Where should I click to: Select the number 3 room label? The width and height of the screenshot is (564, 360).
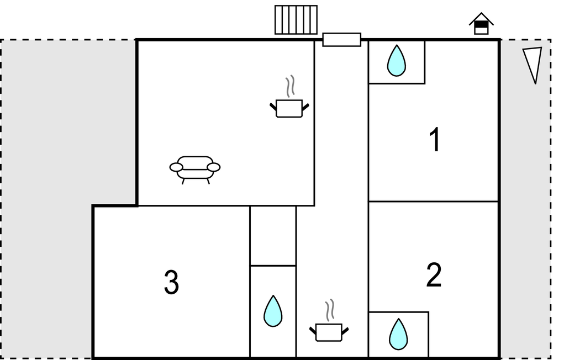[171, 283]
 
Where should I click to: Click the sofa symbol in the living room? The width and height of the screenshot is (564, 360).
[195, 168]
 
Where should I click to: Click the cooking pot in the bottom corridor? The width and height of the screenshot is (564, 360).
[329, 332]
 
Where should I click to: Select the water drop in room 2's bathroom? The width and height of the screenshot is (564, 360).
[398, 334]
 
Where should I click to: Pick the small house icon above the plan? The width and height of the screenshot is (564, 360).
[481, 24]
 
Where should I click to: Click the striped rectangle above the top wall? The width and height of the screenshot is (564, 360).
[296, 20]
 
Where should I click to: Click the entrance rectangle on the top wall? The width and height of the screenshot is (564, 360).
[341, 40]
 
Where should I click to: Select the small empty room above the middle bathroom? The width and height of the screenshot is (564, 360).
[273, 236]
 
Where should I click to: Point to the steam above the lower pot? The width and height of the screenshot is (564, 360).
[330, 310]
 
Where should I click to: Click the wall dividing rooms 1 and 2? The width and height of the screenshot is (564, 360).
[433, 202]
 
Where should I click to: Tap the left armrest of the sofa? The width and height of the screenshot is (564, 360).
[176, 167]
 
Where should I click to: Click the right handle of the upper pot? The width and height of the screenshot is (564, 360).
[305, 105]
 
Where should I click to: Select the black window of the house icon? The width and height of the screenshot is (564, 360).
[481, 24]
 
